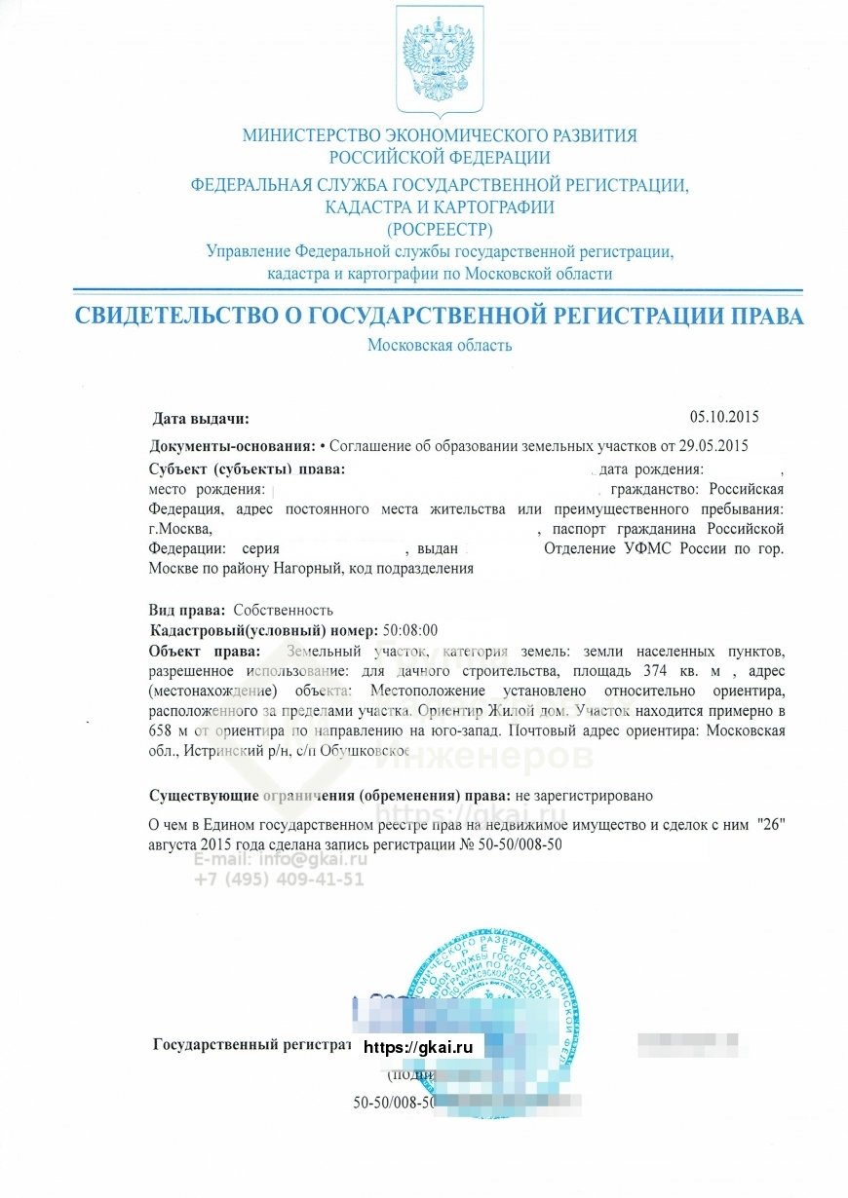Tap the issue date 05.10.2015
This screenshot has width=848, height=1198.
click(x=723, y=417)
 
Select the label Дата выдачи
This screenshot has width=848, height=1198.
click(x=201, y=419)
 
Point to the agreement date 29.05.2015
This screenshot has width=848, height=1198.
click(x=713, y=446)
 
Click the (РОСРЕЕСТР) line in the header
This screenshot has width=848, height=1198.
click(x=440, y=230)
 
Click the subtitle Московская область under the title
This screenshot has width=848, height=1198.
click(x=440, y=345)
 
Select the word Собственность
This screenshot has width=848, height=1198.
click(x=276, y=611)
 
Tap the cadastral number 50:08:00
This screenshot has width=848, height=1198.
click(x=410, y=629)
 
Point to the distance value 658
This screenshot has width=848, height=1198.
click(x=162, y=730)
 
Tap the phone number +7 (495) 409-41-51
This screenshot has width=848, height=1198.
click(x=279, y=879)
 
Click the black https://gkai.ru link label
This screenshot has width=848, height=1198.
click(x=417, y=1047)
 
